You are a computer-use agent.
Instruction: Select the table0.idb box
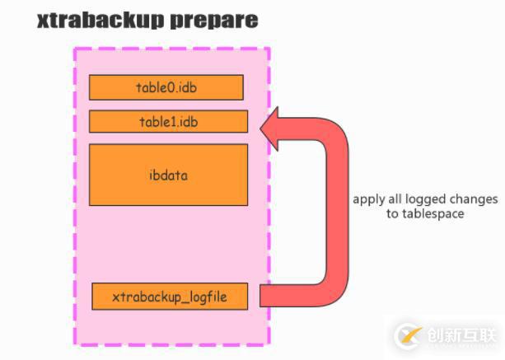[166, 87]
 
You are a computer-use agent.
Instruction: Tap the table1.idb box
[168, 121]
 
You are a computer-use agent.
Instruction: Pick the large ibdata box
[168, 175]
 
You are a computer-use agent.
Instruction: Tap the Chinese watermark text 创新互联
[462, 335]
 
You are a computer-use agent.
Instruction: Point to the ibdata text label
[168, 175]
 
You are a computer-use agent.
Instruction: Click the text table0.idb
[166, 87]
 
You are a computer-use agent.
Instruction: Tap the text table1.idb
[168, 121]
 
